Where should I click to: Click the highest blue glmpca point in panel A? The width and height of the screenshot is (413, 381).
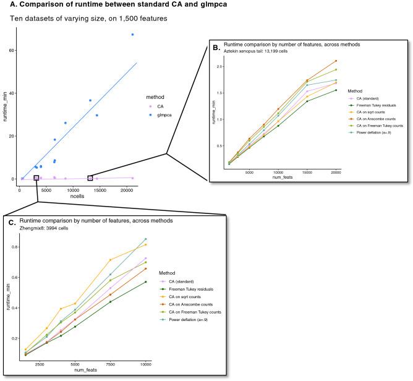(x=132, y=35)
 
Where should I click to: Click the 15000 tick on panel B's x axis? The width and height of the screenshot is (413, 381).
(x=307, y=174)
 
